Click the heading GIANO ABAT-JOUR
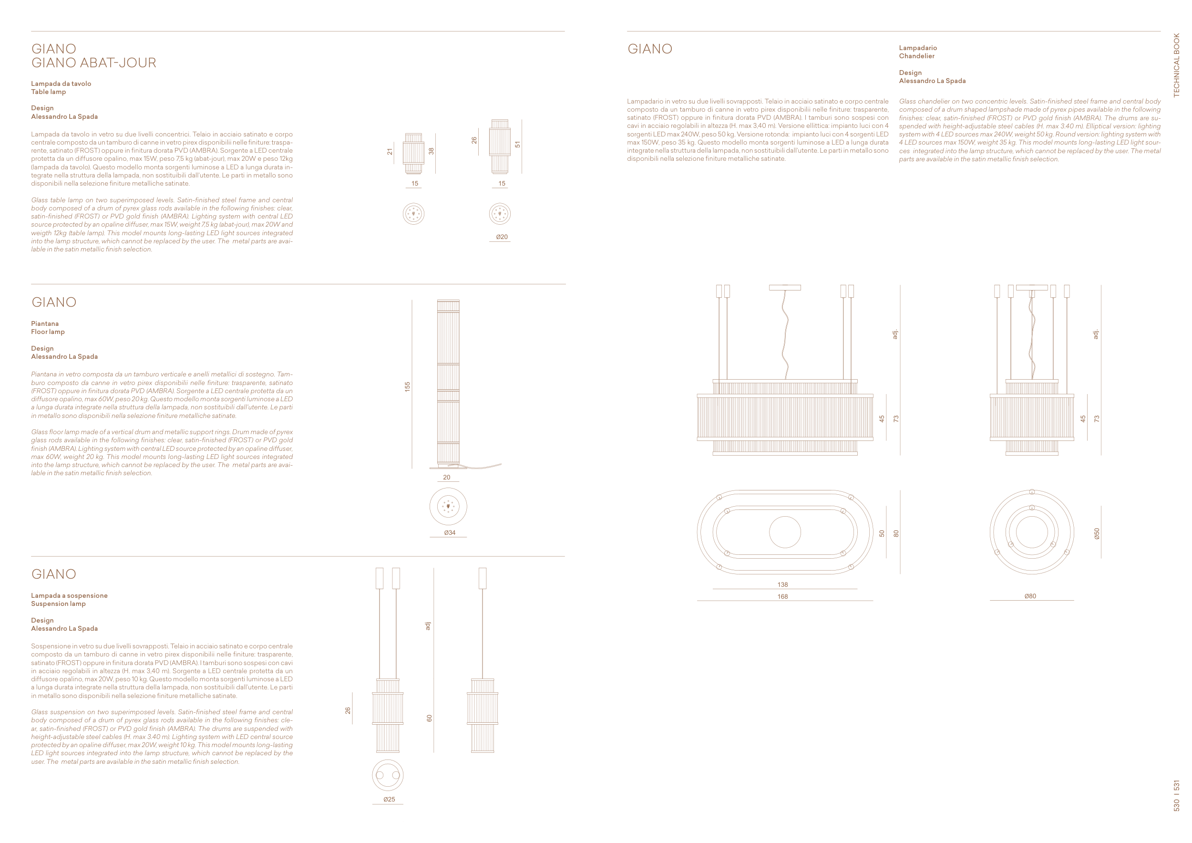coord(93,63)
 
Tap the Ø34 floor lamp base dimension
coord(450,532)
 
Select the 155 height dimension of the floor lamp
coord(408,386)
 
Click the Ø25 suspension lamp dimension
coord(389,800)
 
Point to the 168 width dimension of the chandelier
coord(782,597)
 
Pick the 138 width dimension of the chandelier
coord(782,585)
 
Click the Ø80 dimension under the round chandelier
coord(1030,596)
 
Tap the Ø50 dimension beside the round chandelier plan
coord(1097,533)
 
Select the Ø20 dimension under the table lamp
coord(502,237)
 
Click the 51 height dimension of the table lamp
coord(518,145)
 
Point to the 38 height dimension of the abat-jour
coord(431,151)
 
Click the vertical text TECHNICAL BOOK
coord(1176,65)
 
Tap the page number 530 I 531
coord(1176,796)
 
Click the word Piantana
coord(45,323)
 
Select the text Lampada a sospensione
coord(69,595)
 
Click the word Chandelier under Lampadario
coord(916,56)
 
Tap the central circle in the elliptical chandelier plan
coord(784,532)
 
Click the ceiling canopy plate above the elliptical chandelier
coord(784,287)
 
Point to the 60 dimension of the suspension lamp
coord(429,718)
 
